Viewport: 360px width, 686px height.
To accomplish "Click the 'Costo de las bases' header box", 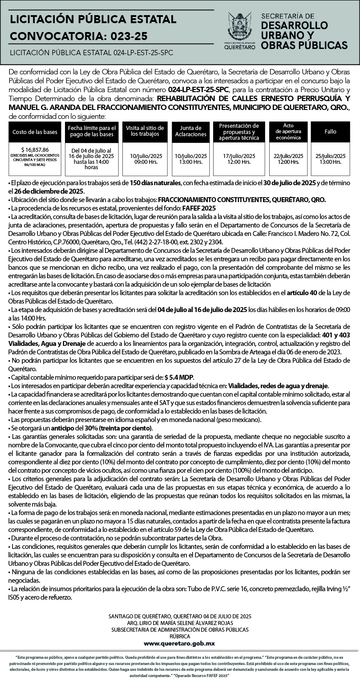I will coord(35,132).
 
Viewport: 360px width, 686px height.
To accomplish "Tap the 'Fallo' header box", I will coord(330,132).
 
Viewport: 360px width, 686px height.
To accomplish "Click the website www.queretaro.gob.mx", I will coord(179,643).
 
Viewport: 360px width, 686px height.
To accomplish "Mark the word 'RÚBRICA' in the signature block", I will coord(180,637).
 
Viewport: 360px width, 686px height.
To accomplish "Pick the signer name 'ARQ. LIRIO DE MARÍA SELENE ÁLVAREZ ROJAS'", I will coord(180,623).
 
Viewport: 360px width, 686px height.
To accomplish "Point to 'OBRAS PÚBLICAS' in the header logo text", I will coord(304,45).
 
